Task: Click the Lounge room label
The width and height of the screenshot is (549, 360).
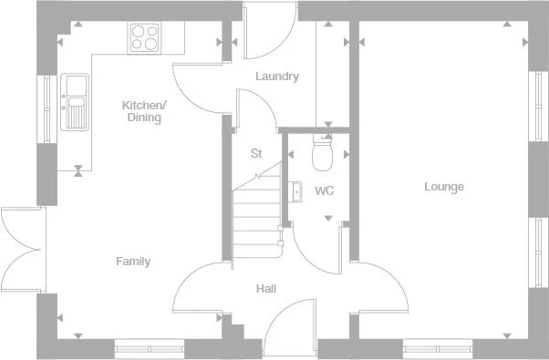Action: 444,187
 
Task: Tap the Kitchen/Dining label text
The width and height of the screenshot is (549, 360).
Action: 142,111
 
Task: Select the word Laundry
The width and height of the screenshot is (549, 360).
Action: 276,77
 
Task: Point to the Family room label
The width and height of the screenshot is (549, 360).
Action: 133,262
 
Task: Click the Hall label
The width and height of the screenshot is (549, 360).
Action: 266,289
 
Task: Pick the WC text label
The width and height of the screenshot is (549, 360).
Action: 324,191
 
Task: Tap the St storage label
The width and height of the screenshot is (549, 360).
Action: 256,153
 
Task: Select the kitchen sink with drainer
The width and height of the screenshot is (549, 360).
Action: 74,101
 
